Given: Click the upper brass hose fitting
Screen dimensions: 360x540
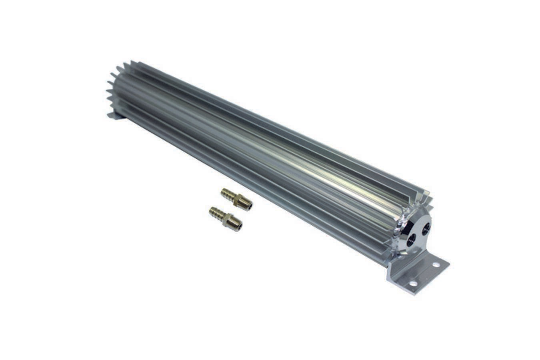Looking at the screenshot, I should tap(236, 199).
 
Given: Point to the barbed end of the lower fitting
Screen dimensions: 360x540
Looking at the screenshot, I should tap(216, 212).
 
